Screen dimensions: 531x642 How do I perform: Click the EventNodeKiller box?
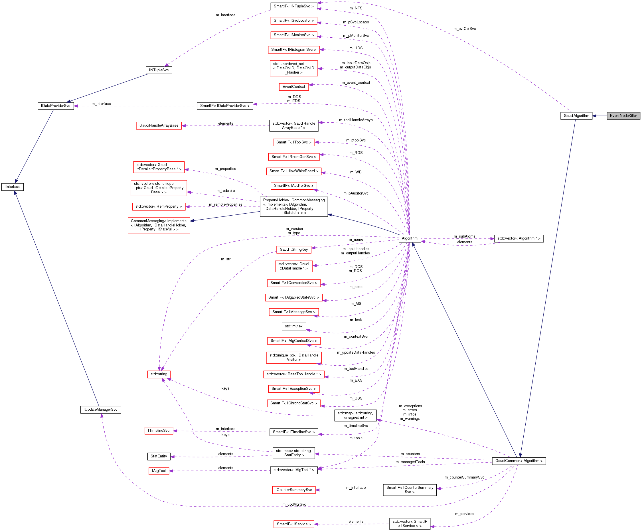point(623,115)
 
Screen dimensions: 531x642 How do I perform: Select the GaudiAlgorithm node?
point(576,115)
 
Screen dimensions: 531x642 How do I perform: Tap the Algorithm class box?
point(409,238)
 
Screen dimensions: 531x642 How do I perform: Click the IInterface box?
point(13,187)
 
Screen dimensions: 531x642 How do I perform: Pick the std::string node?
point(159,374)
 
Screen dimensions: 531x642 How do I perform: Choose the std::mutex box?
point(293,326)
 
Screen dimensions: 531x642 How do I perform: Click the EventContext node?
point(293,87)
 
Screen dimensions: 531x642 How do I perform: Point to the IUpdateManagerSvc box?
point(101,410)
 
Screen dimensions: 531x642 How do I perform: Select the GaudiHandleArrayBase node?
point(159,125)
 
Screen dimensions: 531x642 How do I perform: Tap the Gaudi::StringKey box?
point(293,250)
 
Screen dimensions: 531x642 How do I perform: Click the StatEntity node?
point(159,456)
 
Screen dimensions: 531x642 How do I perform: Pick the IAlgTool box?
point(159,471)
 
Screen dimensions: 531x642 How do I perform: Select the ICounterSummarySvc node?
point(293,490)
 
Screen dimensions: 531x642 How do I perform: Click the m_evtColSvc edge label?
point(464,29)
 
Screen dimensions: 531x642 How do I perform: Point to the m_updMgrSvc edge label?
point(294,504)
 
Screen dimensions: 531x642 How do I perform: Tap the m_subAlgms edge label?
point(464,236)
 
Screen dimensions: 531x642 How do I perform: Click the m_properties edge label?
point(225,169)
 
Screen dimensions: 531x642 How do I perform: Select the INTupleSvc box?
point(159,70)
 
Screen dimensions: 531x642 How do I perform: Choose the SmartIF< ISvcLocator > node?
point(293,21)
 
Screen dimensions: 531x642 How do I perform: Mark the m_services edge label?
point(464,514)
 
